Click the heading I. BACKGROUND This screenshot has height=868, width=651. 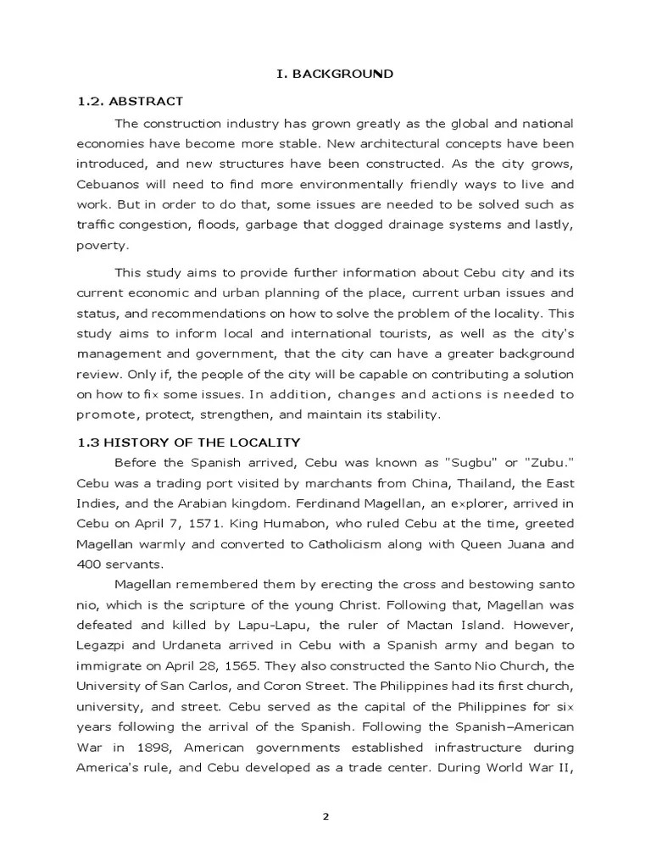(x=334, y=75)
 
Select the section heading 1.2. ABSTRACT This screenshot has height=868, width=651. (x=130, y=102)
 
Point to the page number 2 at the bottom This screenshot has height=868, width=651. (x=325, y=815)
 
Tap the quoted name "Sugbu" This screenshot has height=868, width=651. (x=470, y=462)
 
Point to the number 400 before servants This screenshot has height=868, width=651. (x=90, y=564)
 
